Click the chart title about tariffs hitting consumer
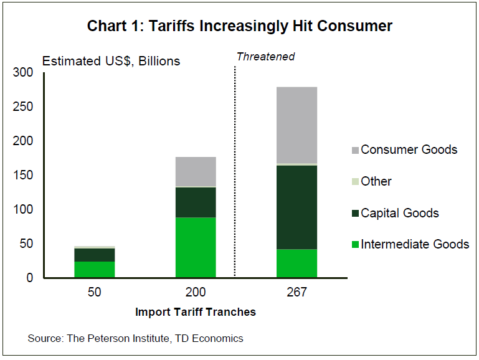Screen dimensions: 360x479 239,26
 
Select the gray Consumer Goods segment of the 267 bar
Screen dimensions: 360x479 297,125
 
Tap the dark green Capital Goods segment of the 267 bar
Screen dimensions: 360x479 297,207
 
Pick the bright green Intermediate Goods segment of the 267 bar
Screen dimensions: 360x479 297,263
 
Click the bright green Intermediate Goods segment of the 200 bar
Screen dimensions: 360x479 196,247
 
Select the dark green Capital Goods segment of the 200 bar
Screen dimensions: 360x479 196,202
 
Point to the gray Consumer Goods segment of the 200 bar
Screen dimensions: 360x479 196,171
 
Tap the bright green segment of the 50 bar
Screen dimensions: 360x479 95,269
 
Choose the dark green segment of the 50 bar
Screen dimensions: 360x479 95,255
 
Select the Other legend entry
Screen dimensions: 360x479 376,181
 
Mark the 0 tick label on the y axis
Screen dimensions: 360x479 29,278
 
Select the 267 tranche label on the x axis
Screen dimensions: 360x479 297,292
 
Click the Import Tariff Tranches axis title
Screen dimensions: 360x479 196,311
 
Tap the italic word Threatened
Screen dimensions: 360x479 265,57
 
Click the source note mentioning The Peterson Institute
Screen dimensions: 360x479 135,338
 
